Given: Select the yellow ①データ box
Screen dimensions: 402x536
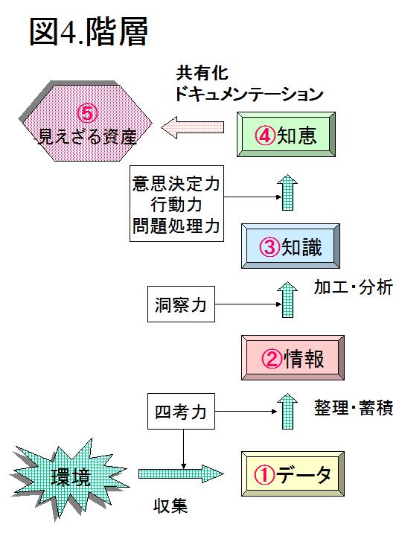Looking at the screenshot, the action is (x=293, y=473).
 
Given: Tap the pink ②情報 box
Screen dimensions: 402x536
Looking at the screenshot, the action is (x=293, y=357).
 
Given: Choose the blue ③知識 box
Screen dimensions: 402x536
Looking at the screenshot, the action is (x=290, y=246).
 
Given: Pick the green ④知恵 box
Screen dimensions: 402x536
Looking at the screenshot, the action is (x=286, y=134).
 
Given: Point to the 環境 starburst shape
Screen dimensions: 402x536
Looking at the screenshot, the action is (x=70, y=478).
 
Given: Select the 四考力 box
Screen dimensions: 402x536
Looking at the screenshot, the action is (x=181, y=411).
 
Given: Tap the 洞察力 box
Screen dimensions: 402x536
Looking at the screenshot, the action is (x=181, y=304).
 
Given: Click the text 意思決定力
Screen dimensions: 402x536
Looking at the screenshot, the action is (x=176, y=184).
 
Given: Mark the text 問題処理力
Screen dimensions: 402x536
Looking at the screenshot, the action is (x=176, y=226).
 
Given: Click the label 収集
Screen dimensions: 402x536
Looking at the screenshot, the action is (x=170, y=506).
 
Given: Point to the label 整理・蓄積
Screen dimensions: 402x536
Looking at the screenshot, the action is (x=354, y=408).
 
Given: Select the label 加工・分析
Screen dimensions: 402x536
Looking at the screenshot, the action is (x=354, y=287).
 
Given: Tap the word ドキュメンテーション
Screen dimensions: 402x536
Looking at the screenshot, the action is (x=249, y=94).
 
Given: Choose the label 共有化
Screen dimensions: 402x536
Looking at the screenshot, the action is (x=202, y=73).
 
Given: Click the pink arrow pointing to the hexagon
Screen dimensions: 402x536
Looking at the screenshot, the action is (x=192, y=127).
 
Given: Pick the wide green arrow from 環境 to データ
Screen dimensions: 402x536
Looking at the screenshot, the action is (x=181, y=473).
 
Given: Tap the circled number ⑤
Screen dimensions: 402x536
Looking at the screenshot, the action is (x=88, y=113).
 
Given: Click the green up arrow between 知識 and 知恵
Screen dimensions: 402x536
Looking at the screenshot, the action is (x=287, y=193).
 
